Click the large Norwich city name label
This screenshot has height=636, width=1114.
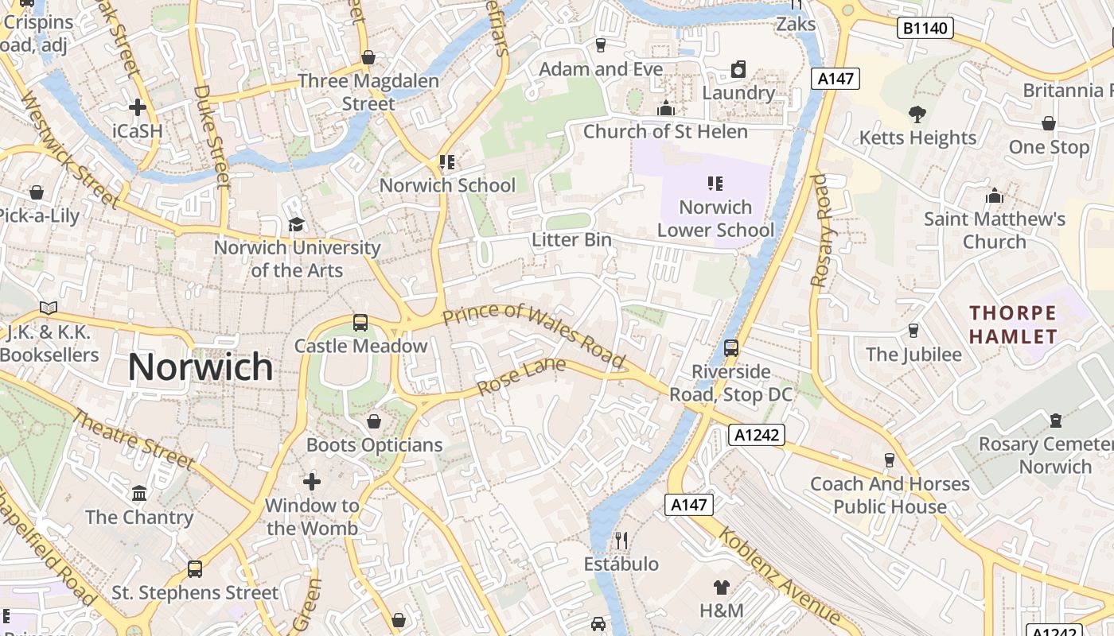(201, 366)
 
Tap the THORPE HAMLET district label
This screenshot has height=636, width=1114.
(1013, 324)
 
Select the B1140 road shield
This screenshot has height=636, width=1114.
(925, 29)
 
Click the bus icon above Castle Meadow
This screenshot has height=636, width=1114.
(360, 322)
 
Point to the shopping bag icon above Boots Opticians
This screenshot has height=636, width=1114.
(374, 421)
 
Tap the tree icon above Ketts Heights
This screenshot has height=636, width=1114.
(917, 114)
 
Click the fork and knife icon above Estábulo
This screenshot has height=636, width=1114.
(621, 541)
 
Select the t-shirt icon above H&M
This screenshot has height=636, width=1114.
(721, 588)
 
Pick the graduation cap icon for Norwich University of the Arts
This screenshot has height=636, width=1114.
(297, 224)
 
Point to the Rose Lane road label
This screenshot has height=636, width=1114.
(521, 376)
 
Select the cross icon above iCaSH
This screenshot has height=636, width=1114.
(138, 107)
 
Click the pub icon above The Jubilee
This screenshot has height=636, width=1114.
(913, 330)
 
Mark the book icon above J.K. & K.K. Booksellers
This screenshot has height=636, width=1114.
(49, 308)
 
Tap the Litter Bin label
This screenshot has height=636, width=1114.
(571, 240)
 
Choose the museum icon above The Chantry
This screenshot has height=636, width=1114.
(140, 494)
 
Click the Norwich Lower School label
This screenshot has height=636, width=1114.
(715, 219)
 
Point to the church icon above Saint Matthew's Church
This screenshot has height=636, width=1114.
(994, 196)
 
